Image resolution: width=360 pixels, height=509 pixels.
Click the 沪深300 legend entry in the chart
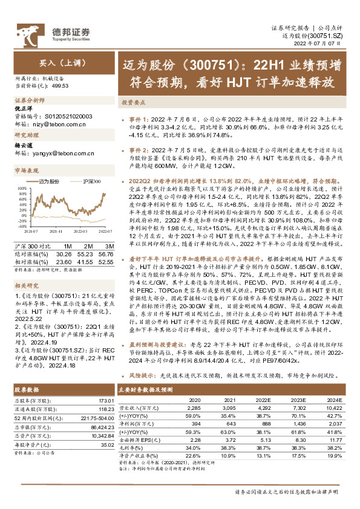[x=90, y=181]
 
